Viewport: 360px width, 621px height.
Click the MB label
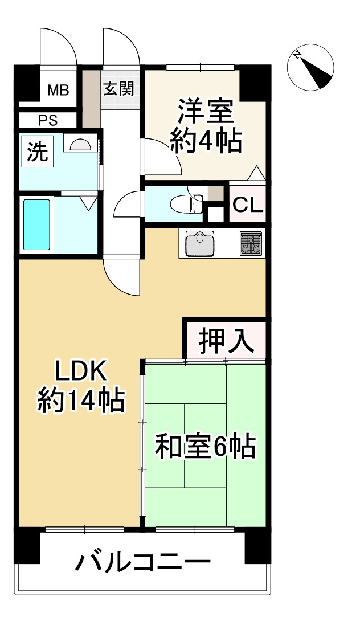pos(58,89)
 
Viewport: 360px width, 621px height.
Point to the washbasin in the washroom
pos(79,145)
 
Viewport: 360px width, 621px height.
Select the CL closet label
pos(248,205)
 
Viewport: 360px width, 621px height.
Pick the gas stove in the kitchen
pos(249,243)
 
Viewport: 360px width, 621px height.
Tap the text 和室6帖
pos(204,447)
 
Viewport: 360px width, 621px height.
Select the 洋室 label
pos(205,112)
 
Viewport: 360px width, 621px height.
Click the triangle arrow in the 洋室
pos(257,173)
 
